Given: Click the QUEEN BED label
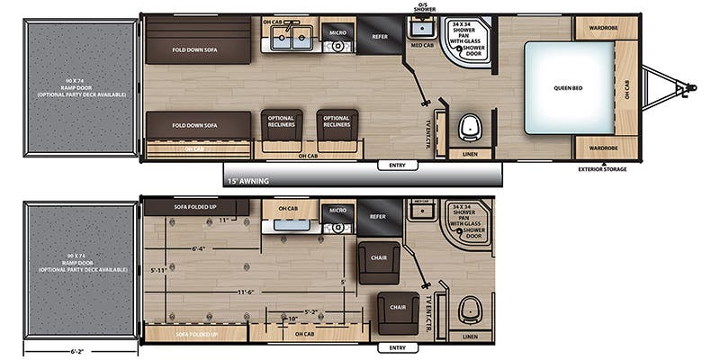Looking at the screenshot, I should coord(570,88).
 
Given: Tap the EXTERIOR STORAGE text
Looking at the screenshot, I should coord(601,168).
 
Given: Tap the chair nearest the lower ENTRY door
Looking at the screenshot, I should coord(396,310).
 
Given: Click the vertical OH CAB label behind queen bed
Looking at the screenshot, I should coord(627,88).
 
